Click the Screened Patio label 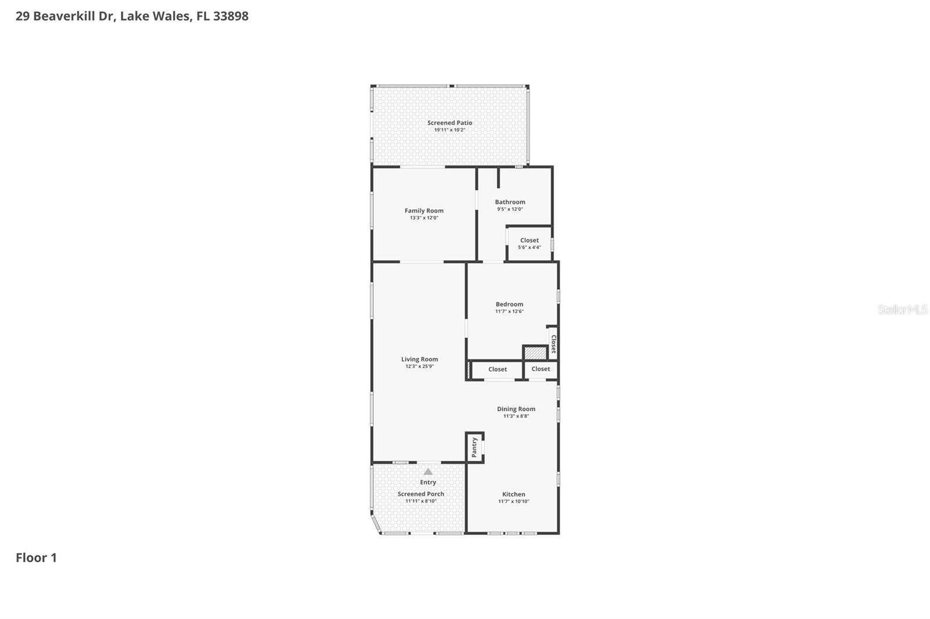click(x=449, y=123)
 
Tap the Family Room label click(x=424, y=211)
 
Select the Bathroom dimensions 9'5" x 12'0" click(x=510, y=209)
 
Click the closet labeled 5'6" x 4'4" click(x=529, y=243)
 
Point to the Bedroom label click(x=509, y=304)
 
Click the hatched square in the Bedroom click(x=535, y=352)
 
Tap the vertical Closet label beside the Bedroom click(x=553, y=343)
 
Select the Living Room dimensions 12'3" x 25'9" click(x=419, y=366)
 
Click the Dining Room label click(x=516, y=409)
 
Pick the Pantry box click(x=474, y=448)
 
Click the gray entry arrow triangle click(x=428, y=472)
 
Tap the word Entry click(x=428, y=482)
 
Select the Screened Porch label click(x=420, y=494)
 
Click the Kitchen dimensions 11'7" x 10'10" click(x=513, y=501)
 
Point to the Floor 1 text click(x=36, y=557)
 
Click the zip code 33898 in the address click(x=231, y=16)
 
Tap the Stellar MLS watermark click(x=902, y=310)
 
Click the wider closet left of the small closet click(x=497, y=369)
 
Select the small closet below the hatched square click(x=541, y=369)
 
